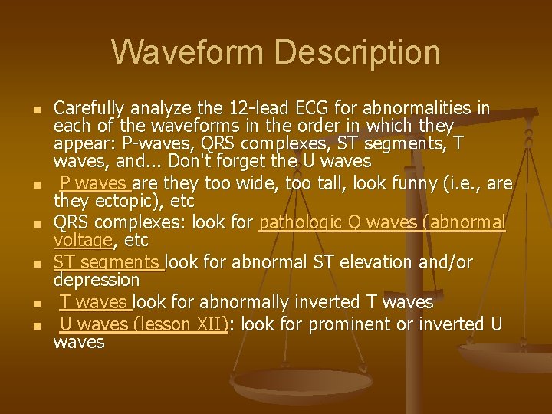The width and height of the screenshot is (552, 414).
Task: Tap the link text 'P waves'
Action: coord(94,183)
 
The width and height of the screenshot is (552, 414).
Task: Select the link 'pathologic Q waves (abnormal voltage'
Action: coord(382,223)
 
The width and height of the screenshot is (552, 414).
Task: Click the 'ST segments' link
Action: coord(107,263)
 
